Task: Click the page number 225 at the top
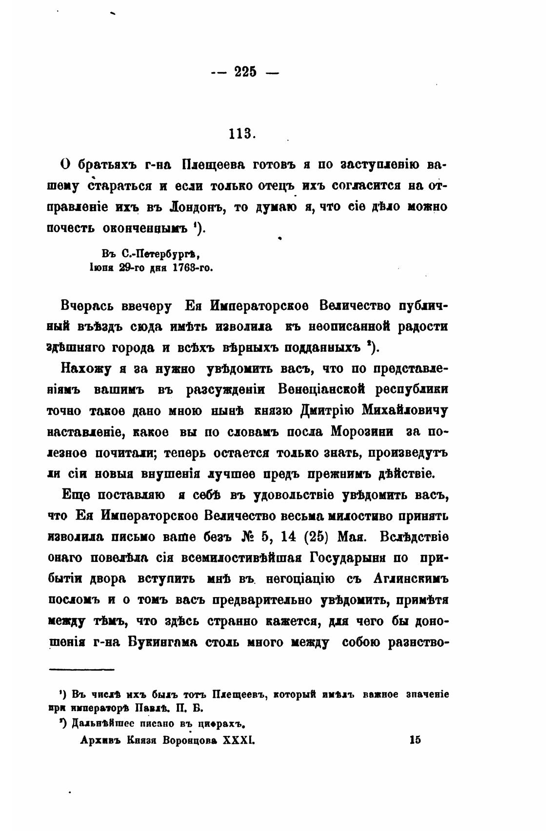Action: [x=245, y=72]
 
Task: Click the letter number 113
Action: [x=242, y=133]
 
